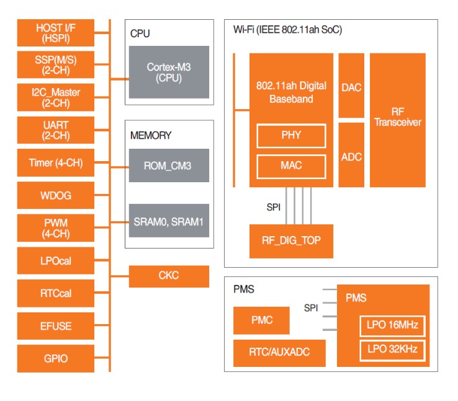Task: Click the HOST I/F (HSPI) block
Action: (x=56, y=32)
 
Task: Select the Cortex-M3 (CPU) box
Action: (x=169, y=72)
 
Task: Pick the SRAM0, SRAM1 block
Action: (x=169, y=221)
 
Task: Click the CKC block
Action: (x=169, y=276)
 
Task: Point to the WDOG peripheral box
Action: (x=56, y=195)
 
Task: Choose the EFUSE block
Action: (x=56, y=326)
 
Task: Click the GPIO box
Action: (x=56, y=359)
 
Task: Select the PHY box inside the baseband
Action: (x=291, y=136)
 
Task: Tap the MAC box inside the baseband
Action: (x=291, y=165)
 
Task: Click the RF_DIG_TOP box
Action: (x=291, y=241)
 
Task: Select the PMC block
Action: (x=261, y=320)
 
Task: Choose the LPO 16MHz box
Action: (x=392, y=325)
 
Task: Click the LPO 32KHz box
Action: (x=392, y=350)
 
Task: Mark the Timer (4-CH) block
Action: (x=56, y=163)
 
